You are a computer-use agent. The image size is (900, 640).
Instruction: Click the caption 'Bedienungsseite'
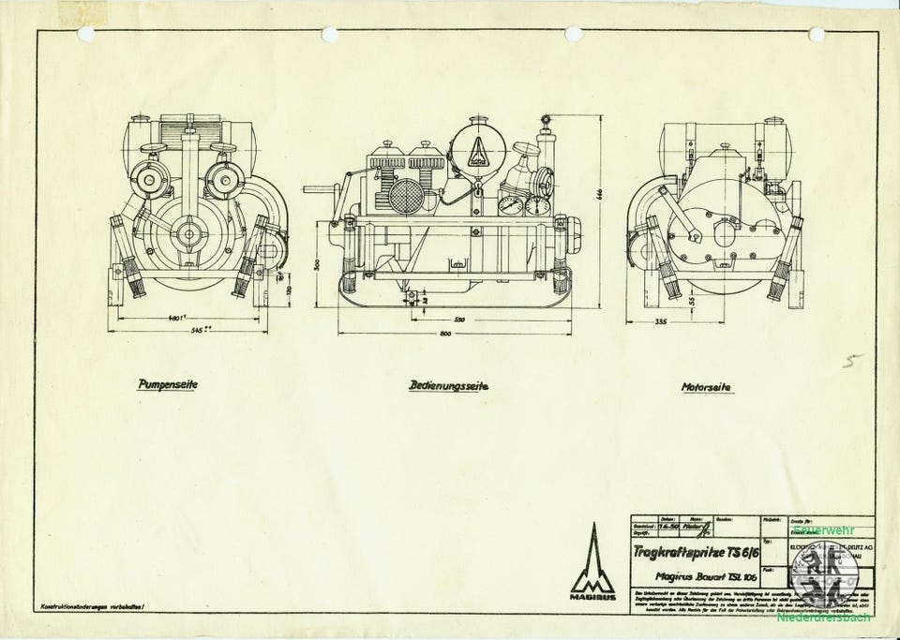coord(448,385)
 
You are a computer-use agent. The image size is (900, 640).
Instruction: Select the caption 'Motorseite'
coord(707,385)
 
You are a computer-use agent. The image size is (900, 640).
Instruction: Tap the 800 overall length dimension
coord(454,335)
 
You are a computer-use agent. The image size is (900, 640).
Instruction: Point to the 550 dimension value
coord(458,320)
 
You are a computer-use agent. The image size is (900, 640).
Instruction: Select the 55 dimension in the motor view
coord(690,301)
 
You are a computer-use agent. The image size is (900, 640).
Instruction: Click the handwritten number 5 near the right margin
coord(848,363)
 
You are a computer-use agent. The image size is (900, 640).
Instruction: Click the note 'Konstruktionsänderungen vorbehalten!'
coord(91,609)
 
